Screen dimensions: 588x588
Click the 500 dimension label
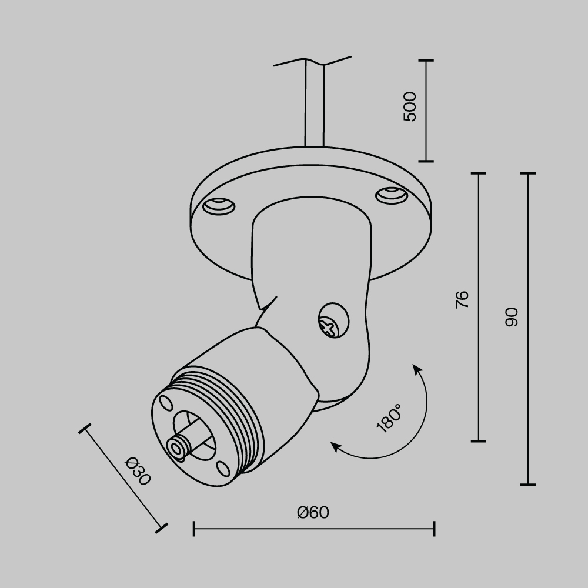pyautogui.click(x=410, y=107)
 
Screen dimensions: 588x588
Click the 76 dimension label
pyautogui.click(x=463, y=299)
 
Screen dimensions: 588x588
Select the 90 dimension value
pyautogui.click(x=512, y=317)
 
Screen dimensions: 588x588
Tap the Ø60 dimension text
pyautogui.click(x=313, y=513)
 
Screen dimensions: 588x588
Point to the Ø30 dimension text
pyautogui.click(x=138, y=470)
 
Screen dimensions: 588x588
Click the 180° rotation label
pyautogui.click(x=389, y=419)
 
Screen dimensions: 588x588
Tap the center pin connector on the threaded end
pyautogui.click(x=177, y=447)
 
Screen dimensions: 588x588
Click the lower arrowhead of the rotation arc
pyautogui.click(x=336, y=447)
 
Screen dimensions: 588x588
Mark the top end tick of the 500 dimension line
pyautogui.click(x=426, y=61)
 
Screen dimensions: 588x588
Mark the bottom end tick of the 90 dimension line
pyautogui.click(x=527, y=485)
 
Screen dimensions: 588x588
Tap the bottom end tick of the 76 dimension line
pyautogui.click(x=479, y=440)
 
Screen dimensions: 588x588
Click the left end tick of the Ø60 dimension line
pyautogui.click(x=194, y=528)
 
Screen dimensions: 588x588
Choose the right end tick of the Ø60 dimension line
pyautogui.click(x=434, y=528)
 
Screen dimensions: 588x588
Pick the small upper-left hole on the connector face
pyautogui.click(x=165, y=403)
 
